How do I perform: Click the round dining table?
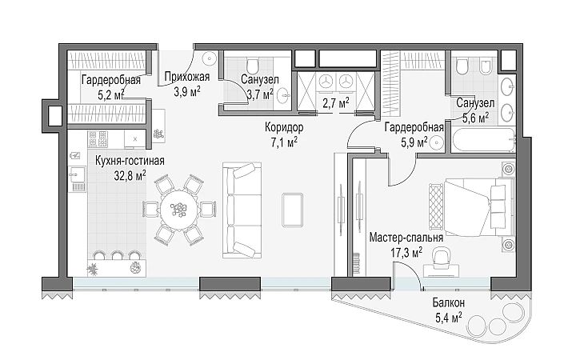coord(180,210)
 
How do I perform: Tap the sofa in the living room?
coord(242,210)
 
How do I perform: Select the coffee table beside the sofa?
coord(292,210)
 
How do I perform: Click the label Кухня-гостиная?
coord(130,161)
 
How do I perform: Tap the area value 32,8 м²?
coord(130,176)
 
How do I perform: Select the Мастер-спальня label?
coord(406,238)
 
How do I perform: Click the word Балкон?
coord(449,302)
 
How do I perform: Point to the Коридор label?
coord(284,127)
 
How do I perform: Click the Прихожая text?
coord(187,77)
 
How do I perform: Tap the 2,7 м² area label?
coord(336,103)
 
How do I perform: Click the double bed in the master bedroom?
coord(479,207)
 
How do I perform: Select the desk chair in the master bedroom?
coord(441,256)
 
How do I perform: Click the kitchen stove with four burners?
coord(98,139)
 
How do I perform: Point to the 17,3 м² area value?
coord(406,253)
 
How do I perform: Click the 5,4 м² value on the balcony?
coord(449,318)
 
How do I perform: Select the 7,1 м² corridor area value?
coord(284,142)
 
